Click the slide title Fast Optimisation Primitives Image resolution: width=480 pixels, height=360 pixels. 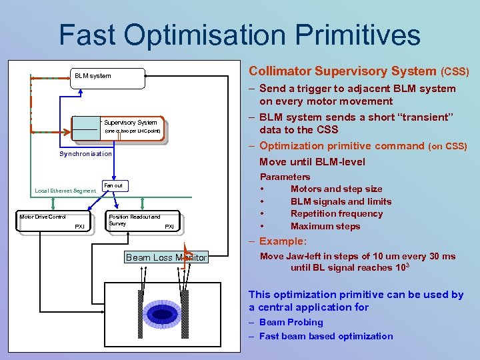click(x=239, y=35)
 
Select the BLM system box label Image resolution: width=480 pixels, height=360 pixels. click(x=93, y=76)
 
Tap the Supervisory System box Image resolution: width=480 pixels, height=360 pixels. click(x=131, y=127)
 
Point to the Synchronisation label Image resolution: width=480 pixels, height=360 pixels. click(x=86, y=154)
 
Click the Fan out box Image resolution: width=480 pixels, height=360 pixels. click(x=113, y=185)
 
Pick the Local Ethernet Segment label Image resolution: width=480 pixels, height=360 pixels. click(x=65, y=191)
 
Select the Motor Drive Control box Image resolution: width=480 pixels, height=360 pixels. click(x=51, y=221)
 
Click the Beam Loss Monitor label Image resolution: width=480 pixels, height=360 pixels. click(x=167, y=257)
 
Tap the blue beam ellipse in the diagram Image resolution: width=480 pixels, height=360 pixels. click(x=162, y=314)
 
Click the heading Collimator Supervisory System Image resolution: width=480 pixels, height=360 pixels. click(x=343, y=71)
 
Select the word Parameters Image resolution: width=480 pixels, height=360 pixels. click(x=285, y=177)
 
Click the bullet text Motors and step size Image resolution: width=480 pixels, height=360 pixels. click(x=336, y=189)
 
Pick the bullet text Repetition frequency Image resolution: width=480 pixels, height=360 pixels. click(x=337, y=213)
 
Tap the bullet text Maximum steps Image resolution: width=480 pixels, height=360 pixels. click(x=325, y=226)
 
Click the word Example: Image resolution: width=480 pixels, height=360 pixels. click(x=283, y=241)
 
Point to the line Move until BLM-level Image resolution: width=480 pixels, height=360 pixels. click(x=312, y=161)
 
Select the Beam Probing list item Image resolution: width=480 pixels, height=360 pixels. click(x=291, y=322)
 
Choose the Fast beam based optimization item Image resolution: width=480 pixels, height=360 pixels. click(x=326, y=336)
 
